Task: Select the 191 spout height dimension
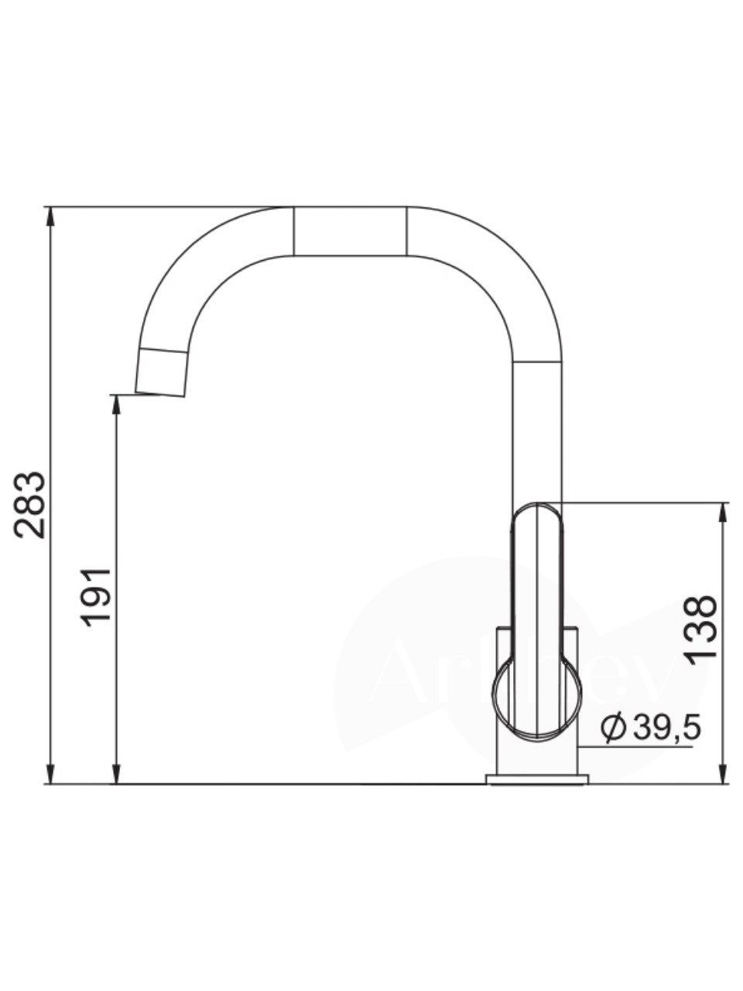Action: tap(99, 597)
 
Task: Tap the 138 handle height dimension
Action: tap(701, 628)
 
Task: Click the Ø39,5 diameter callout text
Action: tap(652, 728)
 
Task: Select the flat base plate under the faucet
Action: tap(536, 779)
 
